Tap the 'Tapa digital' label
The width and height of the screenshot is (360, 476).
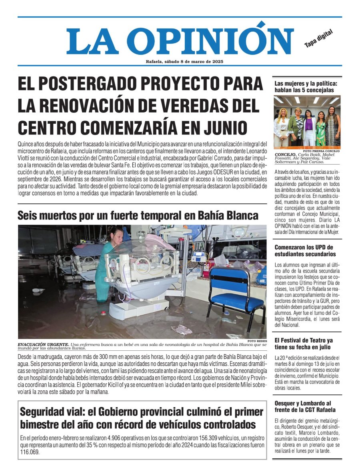pyautogui.click(x=318, y=39)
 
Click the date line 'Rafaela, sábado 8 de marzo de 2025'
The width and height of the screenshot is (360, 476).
pyautogui.click(x=184, y=62)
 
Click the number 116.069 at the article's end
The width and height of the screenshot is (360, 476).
pyautogui.click(x=30, y=452)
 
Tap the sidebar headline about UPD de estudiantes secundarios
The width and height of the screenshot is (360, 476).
pyautogui.click(x=304, y=251)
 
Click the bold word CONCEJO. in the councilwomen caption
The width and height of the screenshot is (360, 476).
pyautogui.click(x=284, y=155)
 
